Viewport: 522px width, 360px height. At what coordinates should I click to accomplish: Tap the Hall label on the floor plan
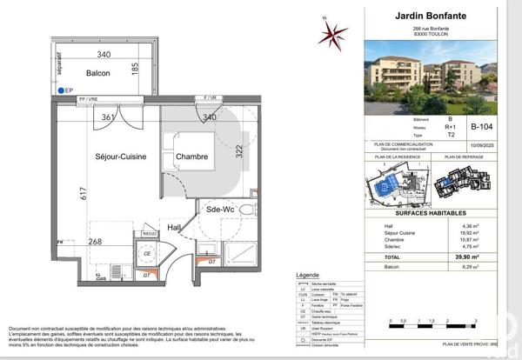point(175,228)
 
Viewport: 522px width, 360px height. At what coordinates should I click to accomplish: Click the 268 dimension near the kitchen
point(96,243)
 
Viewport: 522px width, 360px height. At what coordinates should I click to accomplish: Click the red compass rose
point(331,34)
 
